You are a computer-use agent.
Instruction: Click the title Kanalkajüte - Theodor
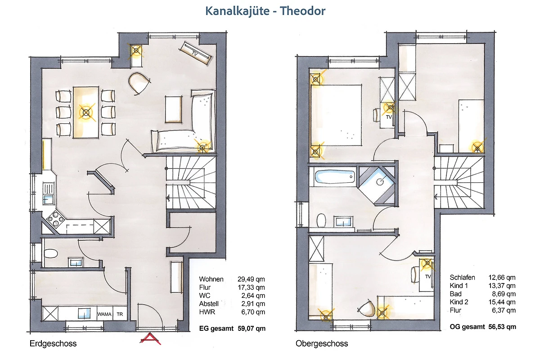click(x=265, y=11)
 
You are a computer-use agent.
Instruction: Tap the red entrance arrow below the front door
click(x=150, y=338)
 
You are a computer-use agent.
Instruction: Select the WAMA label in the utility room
click(x=104, y=314)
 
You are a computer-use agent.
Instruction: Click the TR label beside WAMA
click(x=120, y=314)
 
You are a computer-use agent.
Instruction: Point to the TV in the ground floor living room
click(x=195, y=53)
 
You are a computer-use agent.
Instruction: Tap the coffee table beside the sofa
click(x=173, y=109)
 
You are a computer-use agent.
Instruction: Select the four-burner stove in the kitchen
click(x=55, y=219)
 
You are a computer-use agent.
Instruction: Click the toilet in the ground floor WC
click(x=50, y=254)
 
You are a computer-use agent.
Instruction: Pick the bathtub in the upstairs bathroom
click(x=335, y=177)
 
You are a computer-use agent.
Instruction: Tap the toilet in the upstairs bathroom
click(x=321, y=220)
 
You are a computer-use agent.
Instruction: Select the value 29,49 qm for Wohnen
click(x=251, y=279)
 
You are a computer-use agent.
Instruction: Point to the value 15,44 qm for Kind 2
click(x=502, y=302)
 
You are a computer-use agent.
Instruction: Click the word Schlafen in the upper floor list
click(x=463, y=278)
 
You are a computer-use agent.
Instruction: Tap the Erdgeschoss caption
click(x=53, y=344)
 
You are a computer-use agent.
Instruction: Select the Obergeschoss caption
click(x=322, y=344)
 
